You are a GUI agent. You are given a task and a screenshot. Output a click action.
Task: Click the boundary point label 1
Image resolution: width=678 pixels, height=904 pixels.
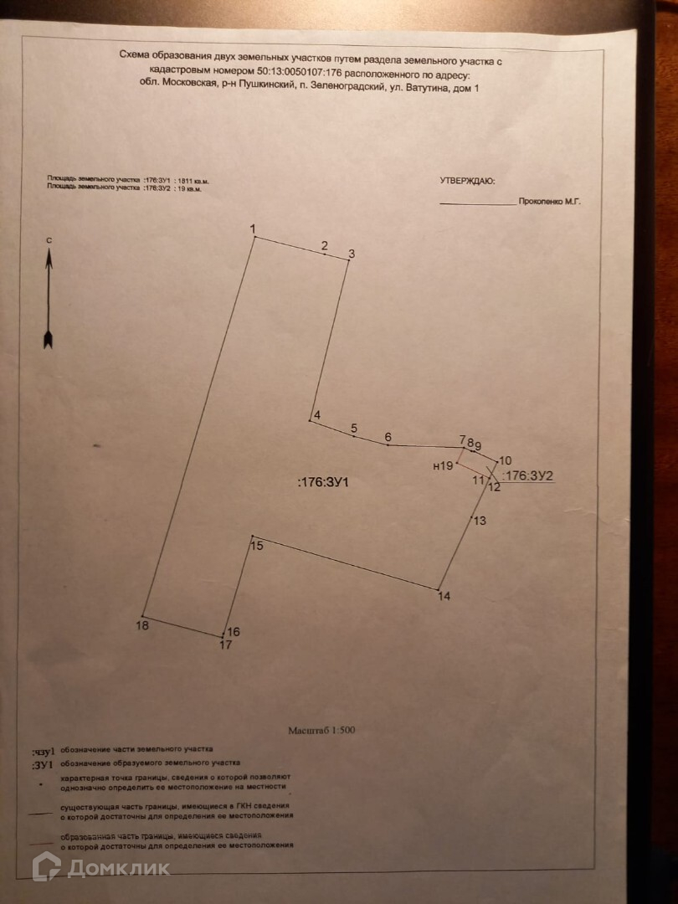click(252, 229)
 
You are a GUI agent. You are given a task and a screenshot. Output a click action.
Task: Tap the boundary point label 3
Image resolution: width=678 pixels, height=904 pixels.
click(352, 254)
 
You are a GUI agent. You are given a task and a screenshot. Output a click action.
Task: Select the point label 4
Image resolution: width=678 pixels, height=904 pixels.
click(316, 415)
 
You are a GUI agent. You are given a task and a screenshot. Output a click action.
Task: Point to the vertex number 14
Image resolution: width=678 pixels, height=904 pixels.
click(444, 597)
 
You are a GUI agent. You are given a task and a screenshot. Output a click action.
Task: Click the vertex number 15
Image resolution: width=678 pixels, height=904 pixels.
click(257, 547)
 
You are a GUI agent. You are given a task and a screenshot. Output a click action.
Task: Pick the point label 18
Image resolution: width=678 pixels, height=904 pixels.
click(142, 625)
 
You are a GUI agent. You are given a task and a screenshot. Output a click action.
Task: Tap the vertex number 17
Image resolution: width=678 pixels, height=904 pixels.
click(225, 645)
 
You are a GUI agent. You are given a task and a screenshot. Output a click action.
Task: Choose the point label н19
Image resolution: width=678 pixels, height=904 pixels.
click(443, 466)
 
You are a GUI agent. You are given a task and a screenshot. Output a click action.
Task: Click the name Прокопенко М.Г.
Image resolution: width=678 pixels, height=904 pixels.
click(549, 202)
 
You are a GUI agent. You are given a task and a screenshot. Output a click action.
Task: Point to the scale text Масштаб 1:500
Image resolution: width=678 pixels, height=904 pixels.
click(322, 730)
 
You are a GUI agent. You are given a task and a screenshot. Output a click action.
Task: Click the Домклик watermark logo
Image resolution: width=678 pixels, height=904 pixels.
click(101, 867)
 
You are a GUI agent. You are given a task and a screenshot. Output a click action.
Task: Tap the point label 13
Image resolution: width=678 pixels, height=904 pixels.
click(480, 521)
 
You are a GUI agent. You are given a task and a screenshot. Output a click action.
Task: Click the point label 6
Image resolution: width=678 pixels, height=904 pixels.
click(388, 436)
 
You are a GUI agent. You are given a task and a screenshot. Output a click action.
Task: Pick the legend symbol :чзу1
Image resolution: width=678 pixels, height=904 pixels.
click(43, 751)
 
